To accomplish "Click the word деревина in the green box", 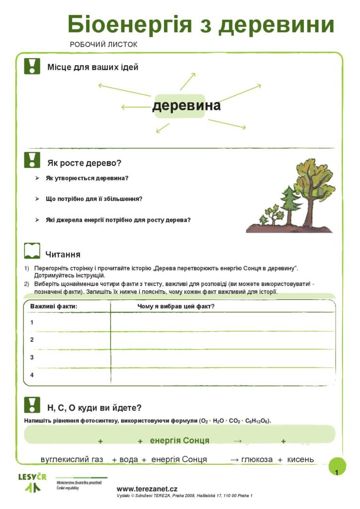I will [186, 106].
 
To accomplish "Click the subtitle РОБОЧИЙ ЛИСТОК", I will [103, 45].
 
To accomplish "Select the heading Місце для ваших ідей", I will [92, 67].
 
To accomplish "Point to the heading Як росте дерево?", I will [84, 163].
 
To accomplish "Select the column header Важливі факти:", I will [54, 306].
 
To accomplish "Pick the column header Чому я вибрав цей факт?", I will [176, 306].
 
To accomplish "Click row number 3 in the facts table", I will [32, 357].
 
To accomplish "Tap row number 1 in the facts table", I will [32, 323].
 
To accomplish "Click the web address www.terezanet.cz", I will [147, 489].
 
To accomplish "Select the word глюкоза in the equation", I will [257, 459].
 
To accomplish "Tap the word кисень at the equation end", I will [300, 459].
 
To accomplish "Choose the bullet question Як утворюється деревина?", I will [87, 178].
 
